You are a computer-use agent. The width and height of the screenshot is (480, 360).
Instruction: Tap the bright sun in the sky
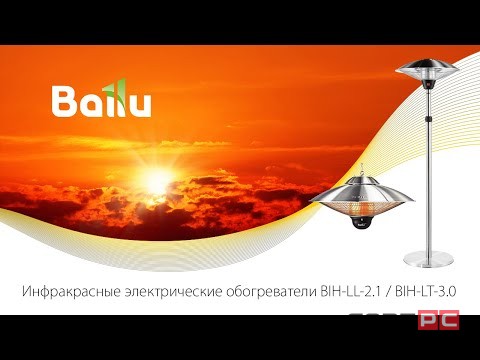[155, 181]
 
